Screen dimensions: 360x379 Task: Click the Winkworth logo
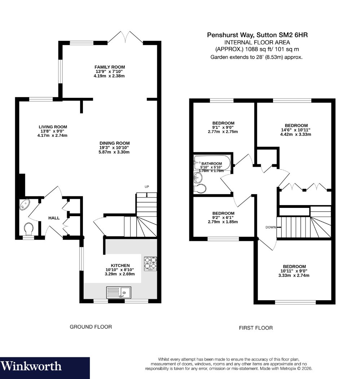pos(31,366)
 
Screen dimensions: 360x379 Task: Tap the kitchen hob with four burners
pos(150,264)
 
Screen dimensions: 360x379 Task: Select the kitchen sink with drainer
pos(119,292)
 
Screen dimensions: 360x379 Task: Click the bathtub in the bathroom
pos(212,163)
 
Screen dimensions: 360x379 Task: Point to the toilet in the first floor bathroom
pos(200,188)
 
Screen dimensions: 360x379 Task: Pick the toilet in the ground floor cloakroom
pos(29,228)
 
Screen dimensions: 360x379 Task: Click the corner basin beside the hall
pos(24,205)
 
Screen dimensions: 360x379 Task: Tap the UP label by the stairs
pos(147,187)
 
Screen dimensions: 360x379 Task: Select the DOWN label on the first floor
pos(271,227)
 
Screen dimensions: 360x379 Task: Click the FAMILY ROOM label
pos(110,67)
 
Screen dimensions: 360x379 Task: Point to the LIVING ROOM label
pos(53,127)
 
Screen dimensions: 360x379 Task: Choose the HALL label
pos(54,218)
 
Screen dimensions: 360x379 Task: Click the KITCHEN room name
pos(120,265)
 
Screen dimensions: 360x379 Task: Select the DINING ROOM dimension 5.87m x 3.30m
pos(114,152)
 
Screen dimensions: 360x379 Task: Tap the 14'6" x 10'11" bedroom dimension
pos(295,130)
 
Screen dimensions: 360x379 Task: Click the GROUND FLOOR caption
pos(91,327)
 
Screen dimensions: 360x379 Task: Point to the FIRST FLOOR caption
pos(256,328)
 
